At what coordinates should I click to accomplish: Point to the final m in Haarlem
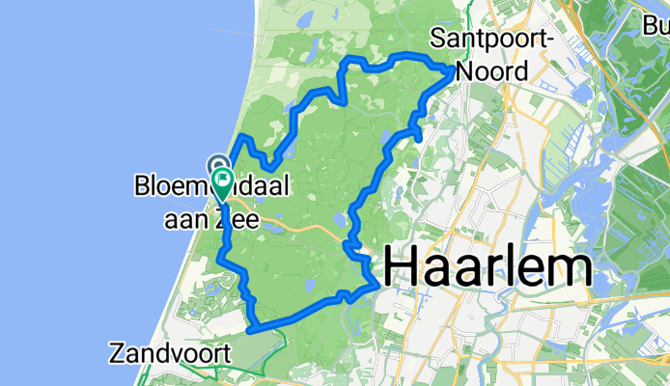571,269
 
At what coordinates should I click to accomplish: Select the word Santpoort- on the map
490,40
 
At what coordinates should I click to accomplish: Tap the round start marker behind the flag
218,165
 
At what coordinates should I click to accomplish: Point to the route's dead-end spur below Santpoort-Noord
421,136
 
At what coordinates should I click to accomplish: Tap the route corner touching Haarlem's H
377,284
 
